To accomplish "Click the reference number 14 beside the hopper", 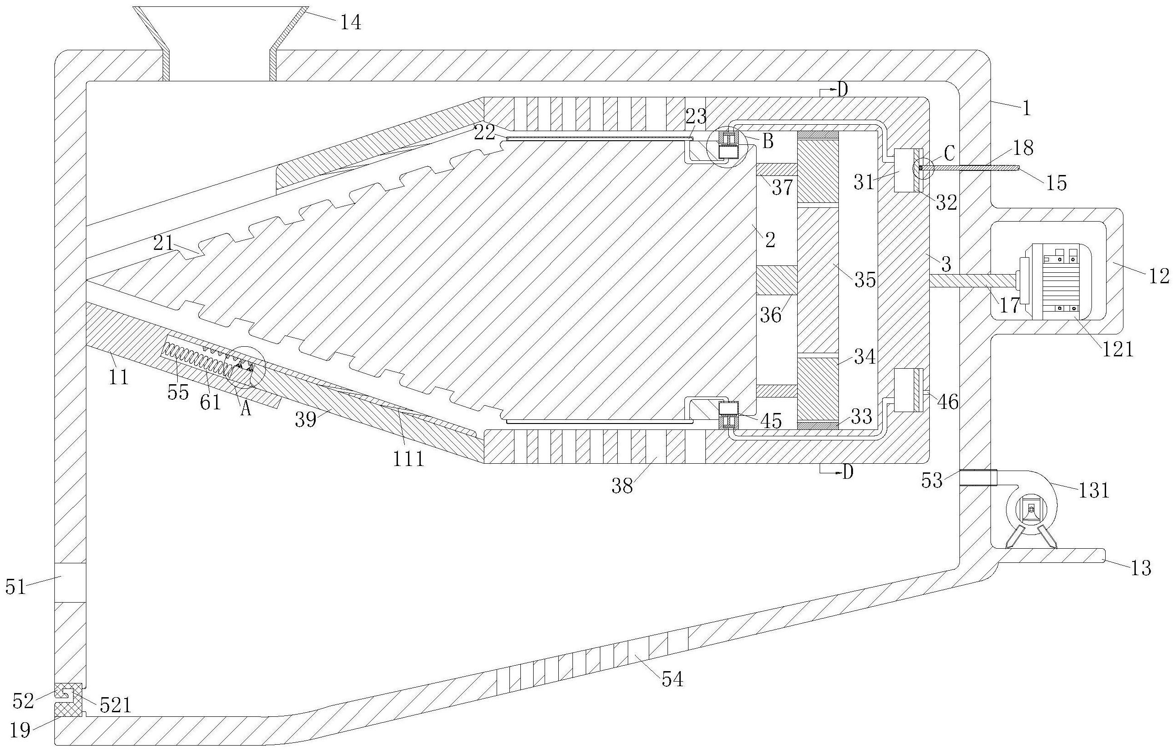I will pyautogui.click(x=350, y=22).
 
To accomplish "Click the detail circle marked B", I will pyautogui.click(x=727, y=147).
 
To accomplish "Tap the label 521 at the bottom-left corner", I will pyautogui.click(x=116, y=705).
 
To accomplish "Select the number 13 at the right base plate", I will pyautogui.click(x=1141, y=568).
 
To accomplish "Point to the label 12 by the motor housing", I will pyautogui.click(x=1159, y=276).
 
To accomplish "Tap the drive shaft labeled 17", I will pyautogui.click(x=972, y=281).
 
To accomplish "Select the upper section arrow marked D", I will pyautogui.click(x=836, y=90).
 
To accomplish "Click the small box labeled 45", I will pyautogui.click(x=728, y=408).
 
